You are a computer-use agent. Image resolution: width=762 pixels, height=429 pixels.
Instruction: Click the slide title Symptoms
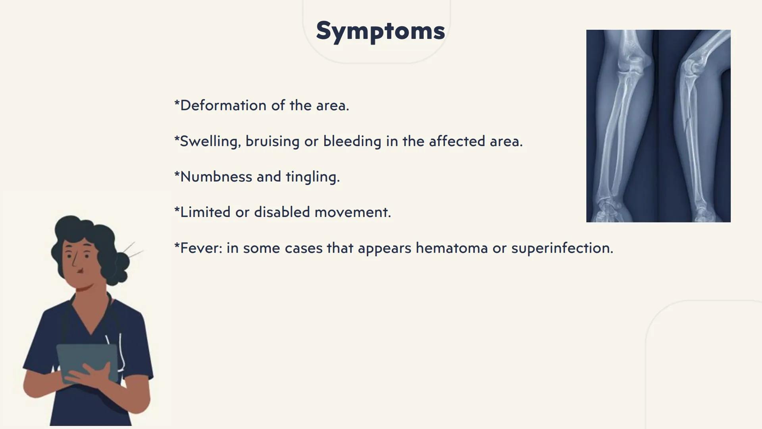pyautogui.click(x=380, y=31)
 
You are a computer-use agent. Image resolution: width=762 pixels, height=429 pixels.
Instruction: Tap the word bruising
pyautogui.click(x=272, y=141)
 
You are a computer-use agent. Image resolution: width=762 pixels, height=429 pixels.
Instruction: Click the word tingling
pyautogui.click(x=312, y=177)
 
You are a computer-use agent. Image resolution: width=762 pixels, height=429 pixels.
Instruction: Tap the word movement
pyautogui.click(x=352, y=212)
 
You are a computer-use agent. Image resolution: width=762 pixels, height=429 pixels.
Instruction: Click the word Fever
pyautogui.click(x=200, y=248)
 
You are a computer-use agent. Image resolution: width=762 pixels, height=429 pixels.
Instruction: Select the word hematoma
pyautogui.click(x=451, y=248)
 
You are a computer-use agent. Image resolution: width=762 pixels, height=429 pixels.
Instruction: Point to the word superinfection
pyautogui.click(x=562, y=248)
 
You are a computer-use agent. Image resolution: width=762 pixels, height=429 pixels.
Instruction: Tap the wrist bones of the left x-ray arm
pyautogui.click(x=607, y=209)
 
